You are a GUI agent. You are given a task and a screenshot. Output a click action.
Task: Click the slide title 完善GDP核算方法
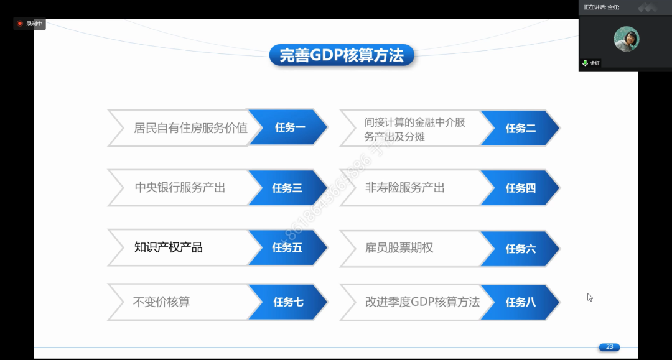[342, 55]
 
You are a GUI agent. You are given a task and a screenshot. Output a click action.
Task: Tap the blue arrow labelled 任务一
[289, 127]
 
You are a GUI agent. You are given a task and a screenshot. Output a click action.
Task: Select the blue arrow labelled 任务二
[520, 128]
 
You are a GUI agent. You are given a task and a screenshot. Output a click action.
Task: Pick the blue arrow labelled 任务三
[289, 188]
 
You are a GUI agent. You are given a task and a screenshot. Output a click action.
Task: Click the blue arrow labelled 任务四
[520, 188]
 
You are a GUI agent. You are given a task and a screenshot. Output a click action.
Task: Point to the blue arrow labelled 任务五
[289, 247]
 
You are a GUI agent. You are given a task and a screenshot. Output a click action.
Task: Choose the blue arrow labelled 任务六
[520, 249]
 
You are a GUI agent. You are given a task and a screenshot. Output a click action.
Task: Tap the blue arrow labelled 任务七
[289, 302]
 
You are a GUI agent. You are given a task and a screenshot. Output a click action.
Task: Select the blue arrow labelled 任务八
[520, 302]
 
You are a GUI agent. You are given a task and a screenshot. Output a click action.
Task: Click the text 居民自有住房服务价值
[191, 128]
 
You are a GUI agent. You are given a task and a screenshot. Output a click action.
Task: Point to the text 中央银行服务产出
[180, 188]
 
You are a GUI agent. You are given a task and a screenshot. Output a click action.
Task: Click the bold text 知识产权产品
[169, 247]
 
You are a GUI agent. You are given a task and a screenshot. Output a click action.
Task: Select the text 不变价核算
[162, 302]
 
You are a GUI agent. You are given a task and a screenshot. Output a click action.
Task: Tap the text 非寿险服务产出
[404, 188]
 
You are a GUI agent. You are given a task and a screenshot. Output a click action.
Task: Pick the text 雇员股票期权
[399, 248]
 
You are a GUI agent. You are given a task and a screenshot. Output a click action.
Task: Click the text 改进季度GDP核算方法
[422, 302]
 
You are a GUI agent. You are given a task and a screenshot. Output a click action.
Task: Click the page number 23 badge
[609, 347]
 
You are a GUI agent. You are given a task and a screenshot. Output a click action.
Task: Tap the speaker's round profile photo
[627, 39]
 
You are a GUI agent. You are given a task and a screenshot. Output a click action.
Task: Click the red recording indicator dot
[20, 24]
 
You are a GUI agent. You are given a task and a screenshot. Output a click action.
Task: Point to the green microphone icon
[585, 63]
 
